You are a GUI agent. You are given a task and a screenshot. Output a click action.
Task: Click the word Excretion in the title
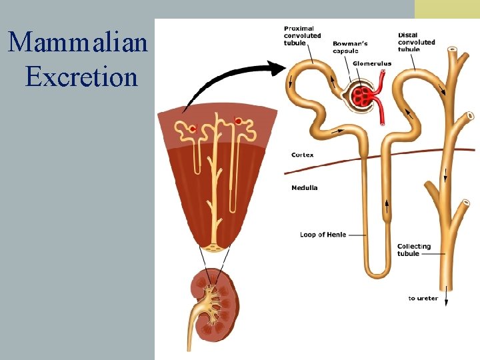coord(81,76)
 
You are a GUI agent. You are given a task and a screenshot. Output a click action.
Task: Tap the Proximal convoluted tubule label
coord(302,35)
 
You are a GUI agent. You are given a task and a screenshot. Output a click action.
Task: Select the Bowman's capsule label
coord(350,47)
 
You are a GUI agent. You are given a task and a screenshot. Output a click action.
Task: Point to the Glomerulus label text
coord(372,63)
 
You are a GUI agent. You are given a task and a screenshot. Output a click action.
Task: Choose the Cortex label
coord(302,155)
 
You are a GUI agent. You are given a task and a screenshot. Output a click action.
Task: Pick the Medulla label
coord(304,187)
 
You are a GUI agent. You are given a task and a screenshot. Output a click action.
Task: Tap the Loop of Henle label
coord(323,235)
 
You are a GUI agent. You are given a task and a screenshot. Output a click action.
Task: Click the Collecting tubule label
coord(413,249)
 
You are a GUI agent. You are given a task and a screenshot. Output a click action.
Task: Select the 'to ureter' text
coord(423,298)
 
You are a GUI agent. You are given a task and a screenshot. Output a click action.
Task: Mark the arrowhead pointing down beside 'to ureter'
coord(446,301)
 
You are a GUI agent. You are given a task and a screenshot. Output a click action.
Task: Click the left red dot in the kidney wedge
coord(193,128)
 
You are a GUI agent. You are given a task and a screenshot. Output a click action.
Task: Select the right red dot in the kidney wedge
coord(238,122)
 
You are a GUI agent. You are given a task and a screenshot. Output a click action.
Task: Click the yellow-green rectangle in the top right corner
coord(447,9)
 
